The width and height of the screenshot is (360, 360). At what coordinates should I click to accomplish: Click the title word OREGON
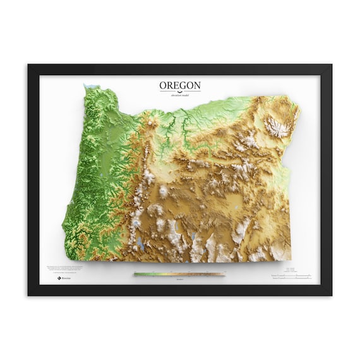[179, 85]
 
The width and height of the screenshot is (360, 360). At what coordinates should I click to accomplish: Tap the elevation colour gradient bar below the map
[179, 273]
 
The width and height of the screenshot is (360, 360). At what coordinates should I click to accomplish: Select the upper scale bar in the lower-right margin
[291, 276]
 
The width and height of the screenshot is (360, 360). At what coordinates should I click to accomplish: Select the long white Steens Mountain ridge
[239, 234]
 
